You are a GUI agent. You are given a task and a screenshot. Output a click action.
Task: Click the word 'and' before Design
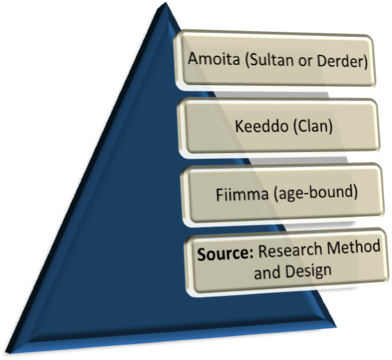[266, 271]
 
